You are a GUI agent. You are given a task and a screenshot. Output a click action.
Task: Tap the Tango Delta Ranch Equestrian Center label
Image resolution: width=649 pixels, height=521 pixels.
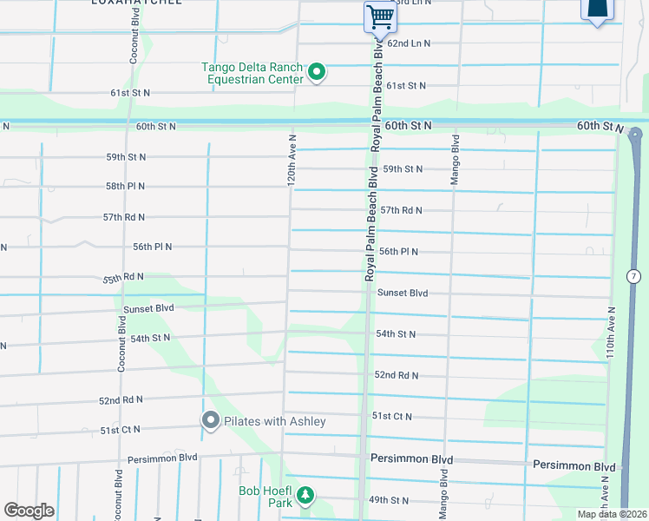(x=252, y=73)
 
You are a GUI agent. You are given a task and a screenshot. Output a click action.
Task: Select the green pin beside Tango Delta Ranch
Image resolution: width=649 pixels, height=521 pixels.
(x=317, y=72)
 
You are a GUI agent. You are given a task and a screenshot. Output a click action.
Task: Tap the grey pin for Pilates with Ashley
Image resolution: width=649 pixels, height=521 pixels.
(x=211, y=421)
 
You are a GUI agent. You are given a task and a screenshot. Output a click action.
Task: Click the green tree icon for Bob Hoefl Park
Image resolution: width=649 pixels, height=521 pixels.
(x=305, y=496)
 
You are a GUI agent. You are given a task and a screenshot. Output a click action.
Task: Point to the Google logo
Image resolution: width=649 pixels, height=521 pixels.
(x=29, y=511)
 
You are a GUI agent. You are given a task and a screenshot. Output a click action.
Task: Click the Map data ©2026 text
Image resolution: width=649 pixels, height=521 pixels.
(x=612, y=514)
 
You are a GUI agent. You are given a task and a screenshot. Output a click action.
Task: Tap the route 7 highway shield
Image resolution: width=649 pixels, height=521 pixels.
(x=634, y=276)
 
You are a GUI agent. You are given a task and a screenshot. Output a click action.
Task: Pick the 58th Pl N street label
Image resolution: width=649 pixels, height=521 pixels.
(x=126, y=187)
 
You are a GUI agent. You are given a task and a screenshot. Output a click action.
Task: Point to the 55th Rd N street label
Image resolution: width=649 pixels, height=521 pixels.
(x=123, y=277)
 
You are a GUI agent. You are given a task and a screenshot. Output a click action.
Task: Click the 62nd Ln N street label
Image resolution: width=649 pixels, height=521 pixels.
(x=409, y=43)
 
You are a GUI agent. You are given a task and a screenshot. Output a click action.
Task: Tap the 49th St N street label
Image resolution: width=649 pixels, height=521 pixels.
(x=389, y=500)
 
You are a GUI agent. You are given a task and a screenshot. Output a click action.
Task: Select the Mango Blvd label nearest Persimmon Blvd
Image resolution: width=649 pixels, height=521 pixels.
(x=443, y=494)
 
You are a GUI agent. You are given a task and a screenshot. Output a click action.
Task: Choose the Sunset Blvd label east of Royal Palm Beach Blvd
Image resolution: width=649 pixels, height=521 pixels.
(x=403, y=293)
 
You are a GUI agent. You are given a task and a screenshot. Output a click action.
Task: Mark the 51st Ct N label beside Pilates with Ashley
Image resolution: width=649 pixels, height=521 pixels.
(x=120, y=430)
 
